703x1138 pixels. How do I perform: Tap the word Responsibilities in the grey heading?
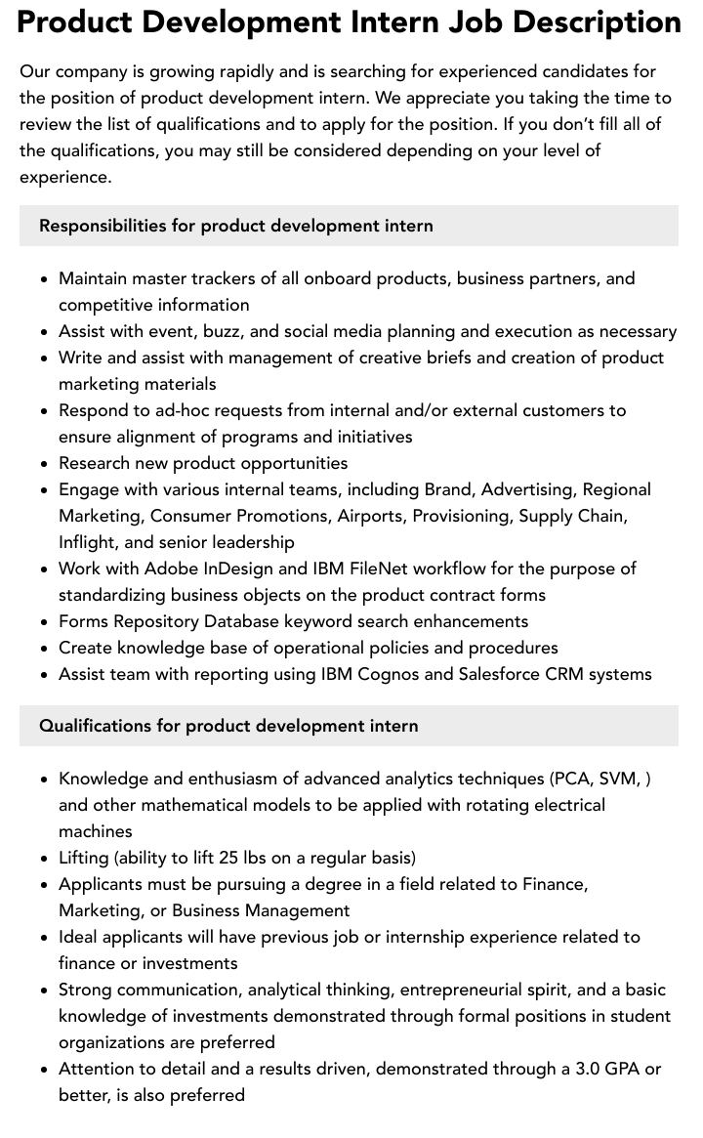[103, 226]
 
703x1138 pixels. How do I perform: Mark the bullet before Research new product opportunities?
[44, 464]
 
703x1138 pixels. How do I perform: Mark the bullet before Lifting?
[44, 859]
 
